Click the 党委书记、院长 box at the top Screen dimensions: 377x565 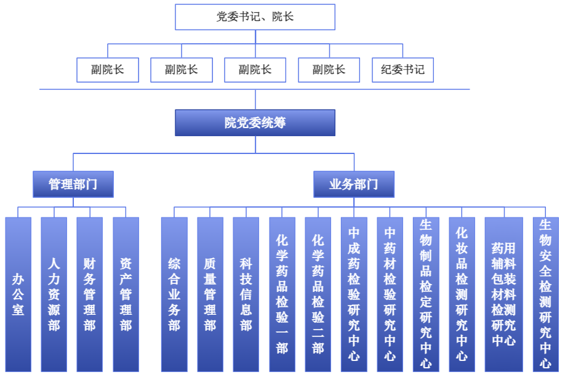tap(255, 17)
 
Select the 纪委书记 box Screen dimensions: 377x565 tap(403, 70)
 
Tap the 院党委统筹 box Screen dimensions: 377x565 tap(255, 123)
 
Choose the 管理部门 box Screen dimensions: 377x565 tap(73, 184)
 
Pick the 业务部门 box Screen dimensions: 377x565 tap(354, 184)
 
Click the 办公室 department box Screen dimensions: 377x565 tap(18, 294)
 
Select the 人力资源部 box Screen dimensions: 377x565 tap(54, 294)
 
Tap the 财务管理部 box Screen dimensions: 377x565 tap(90, 294)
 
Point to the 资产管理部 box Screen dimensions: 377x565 tap(126, 294)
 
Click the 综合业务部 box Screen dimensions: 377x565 tap(174, 294)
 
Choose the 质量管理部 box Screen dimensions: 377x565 tap(210, 294)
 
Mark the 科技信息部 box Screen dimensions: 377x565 tap(246, 294)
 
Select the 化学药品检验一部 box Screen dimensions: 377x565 tap(282, 294)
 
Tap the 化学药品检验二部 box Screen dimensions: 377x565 tap(318, 294)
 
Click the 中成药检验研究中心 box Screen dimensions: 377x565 tap(354, 294)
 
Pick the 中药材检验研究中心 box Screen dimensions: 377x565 tap(390, 294)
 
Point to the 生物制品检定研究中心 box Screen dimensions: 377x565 tap(426, 294)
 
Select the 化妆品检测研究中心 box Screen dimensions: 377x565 tap(462, 294)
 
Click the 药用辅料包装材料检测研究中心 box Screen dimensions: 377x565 tap(503, 294)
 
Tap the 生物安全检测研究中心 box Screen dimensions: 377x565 tap(545, 294)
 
